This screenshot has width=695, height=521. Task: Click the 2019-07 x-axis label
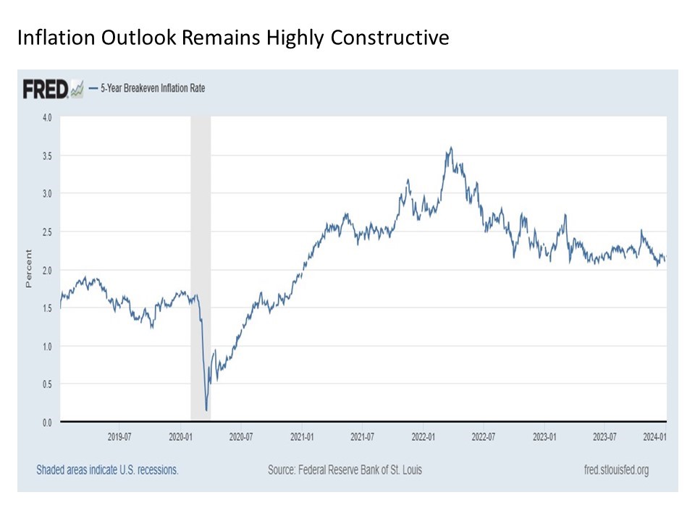(x=119, y=436)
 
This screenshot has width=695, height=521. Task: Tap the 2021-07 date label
(x=362, y=436)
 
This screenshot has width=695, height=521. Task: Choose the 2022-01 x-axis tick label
(x=423, y=436)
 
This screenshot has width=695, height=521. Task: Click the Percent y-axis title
(x=29, y=268)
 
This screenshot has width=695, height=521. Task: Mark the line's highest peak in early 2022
(x=451, y=148)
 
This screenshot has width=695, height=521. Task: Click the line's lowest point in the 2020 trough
(x=206, y=410)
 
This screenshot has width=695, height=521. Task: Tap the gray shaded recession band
(x=201, y=217)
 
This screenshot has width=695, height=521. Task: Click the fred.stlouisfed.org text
(x=615, y=470)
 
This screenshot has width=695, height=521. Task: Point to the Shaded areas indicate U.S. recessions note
(x=107, y=470)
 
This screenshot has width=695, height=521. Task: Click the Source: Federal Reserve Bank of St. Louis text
(x=345, y=470)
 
